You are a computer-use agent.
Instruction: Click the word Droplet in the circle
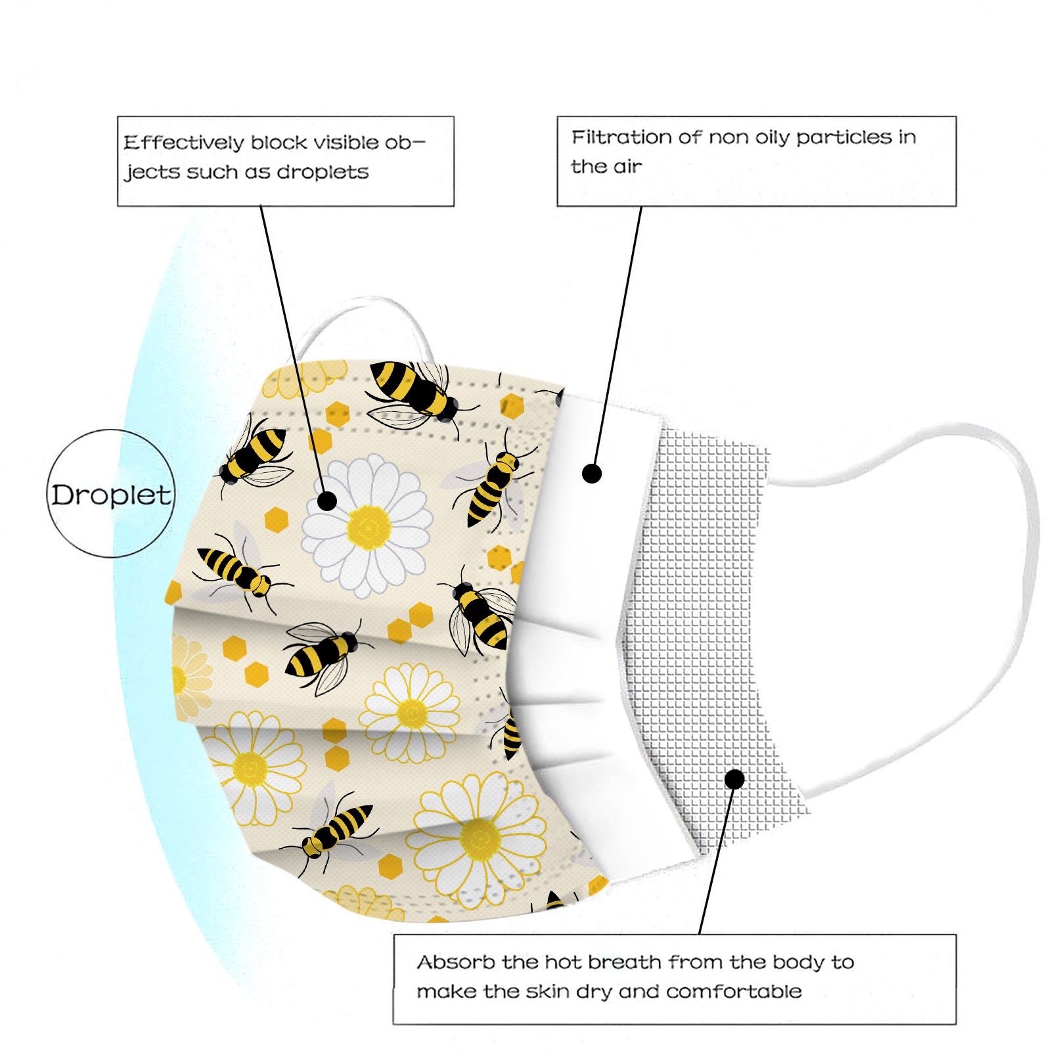tap(112, 495)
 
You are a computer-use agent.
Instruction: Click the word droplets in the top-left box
tap(323, 171)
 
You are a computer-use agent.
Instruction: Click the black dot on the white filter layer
tap(592, 473)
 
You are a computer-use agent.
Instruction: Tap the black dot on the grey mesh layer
tap(734, 779)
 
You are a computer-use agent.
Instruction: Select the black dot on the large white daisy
tap(326, 501)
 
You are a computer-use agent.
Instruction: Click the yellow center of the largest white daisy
tap(369, 527)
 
